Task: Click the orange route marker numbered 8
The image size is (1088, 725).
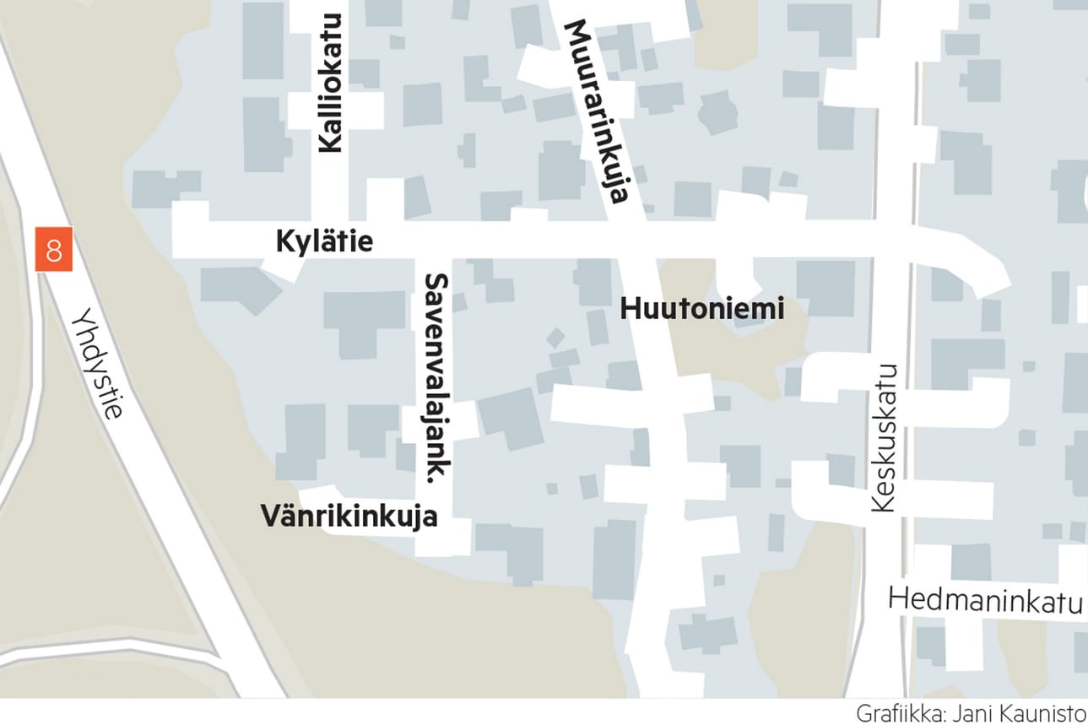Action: [54, 250]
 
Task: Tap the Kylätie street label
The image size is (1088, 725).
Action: [324, 243]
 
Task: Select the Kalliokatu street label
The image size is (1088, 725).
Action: [331, 84]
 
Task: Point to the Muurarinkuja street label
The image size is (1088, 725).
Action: [596, 111]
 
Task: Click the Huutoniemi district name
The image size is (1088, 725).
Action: [702, 310]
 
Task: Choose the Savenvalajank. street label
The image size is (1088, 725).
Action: [436, 377]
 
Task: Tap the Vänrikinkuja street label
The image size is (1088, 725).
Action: [349, 517]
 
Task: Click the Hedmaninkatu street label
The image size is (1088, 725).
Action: [985, 602]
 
